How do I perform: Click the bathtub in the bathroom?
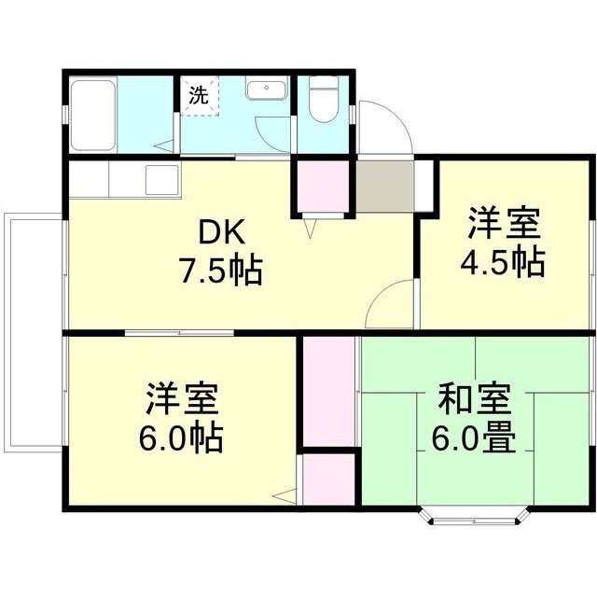point(92,115)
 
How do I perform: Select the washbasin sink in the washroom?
point(268,90)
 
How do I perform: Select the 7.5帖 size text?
point(220,271)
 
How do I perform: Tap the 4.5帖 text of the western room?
point(504,263)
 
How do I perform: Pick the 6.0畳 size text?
point(474,437)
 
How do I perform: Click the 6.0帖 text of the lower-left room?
point(182,437)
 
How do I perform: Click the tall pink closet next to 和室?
point(330,392)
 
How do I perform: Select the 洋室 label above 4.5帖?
point(504,225)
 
